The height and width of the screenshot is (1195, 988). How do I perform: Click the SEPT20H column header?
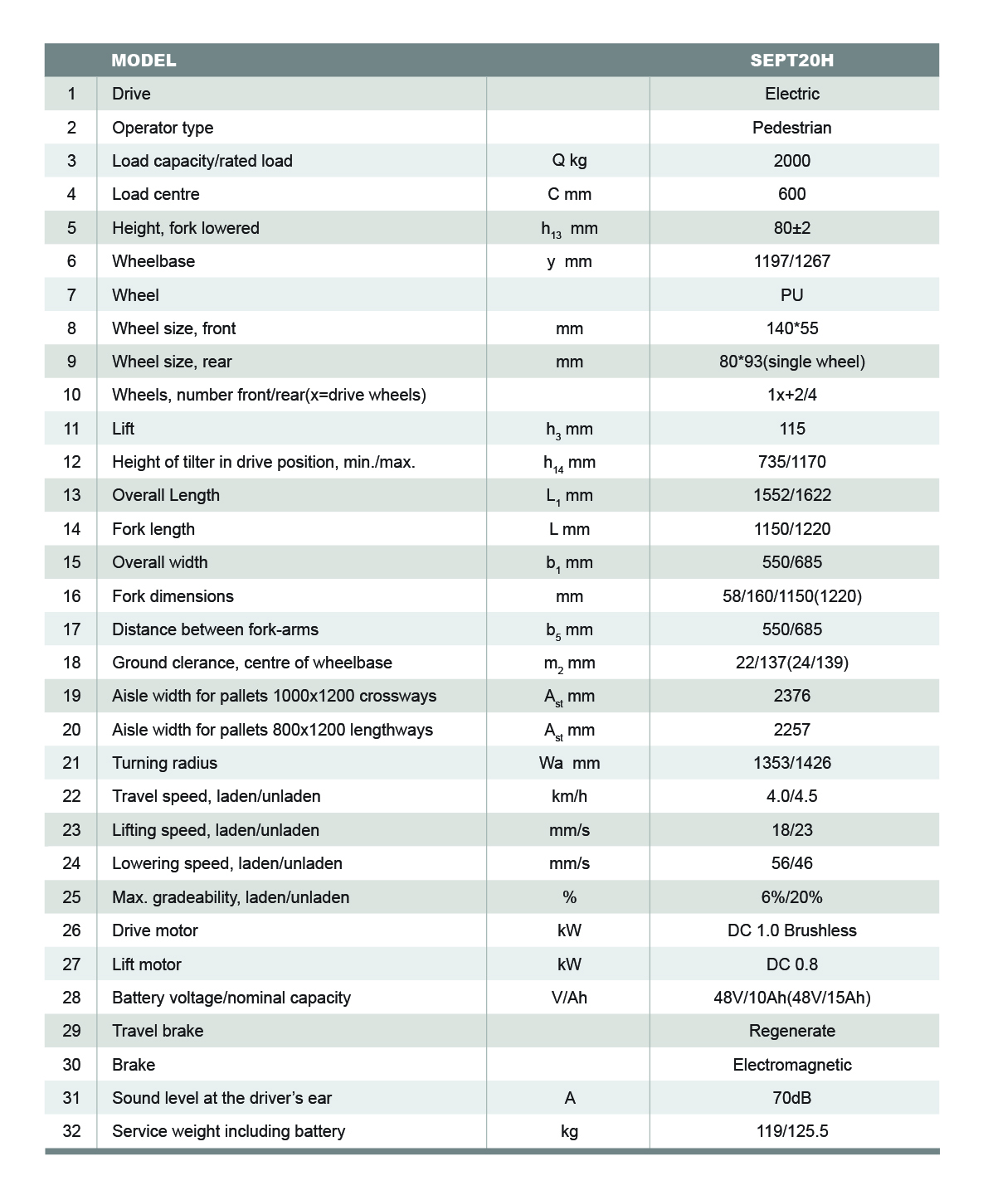(791, 61)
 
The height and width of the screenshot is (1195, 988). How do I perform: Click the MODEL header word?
(144, 61)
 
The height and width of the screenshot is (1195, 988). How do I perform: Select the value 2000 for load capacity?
(791, 161)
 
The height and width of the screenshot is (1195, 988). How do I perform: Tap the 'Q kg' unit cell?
(569, 161)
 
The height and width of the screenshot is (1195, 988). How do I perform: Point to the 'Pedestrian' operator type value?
(791, 128)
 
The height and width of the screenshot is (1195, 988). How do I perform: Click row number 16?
(71, 596)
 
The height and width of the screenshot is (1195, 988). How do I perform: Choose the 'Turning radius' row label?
(164, 763)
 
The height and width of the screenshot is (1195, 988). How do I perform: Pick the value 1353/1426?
(791, 763)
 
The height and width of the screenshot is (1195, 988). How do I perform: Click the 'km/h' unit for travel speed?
(569, 796)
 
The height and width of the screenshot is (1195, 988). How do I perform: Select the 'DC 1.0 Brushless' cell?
(791, 930)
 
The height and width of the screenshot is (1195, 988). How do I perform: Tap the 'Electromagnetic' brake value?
(791, 1065)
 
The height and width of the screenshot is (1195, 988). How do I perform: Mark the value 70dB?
(791, 1098)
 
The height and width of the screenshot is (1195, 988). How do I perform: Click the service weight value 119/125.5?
(791, 1131)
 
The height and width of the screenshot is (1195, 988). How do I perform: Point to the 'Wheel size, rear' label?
(172, 362)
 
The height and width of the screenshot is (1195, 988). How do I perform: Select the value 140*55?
(791, 328)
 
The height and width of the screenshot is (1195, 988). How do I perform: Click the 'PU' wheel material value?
(791, 295)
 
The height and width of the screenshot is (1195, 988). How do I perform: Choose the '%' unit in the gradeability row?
(569, 897)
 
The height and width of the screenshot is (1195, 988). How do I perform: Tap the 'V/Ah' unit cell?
(569, 998)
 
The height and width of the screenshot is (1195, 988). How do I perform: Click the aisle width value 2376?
(791, 696)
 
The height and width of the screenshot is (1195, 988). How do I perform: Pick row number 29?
(71, 1031)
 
